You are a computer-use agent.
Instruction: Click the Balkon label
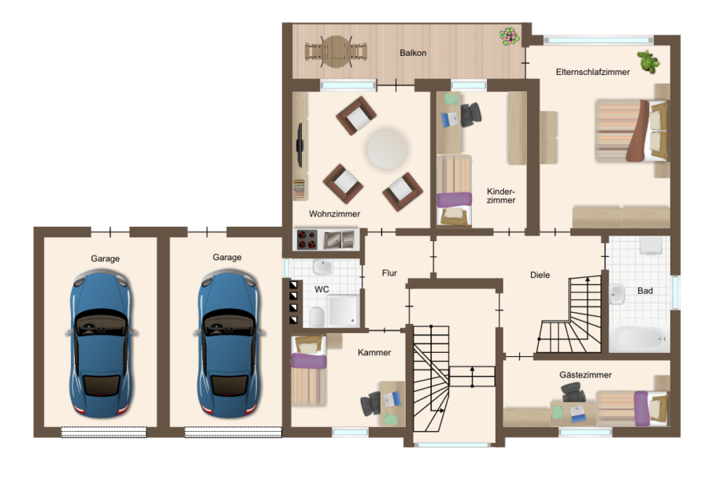point(413,53)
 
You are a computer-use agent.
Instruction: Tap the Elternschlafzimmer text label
point(592,72)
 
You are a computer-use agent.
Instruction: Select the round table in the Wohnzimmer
point(387,149)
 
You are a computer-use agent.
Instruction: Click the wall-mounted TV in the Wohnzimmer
point(299,145)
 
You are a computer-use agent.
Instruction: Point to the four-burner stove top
point(307,239)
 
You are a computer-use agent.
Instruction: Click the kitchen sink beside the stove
point(339,239)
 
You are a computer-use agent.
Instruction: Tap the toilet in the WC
point(317,317)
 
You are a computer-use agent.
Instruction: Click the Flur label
point(389,273)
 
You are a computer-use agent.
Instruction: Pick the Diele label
point(540,274)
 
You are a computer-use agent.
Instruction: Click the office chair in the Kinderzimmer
point(470,113)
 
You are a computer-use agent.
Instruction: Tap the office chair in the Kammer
point(371,403)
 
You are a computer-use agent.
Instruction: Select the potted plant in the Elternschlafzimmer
point(648,61)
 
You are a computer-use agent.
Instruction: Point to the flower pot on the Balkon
point(509,36)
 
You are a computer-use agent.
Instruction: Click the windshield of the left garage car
point(100,323)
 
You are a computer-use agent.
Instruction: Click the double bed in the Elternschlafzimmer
point(632,130)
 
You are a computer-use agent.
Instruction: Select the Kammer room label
point(374,352)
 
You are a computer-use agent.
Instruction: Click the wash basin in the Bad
point(617,294)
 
